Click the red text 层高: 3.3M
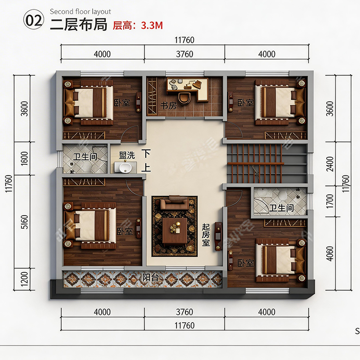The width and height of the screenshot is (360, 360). click(x=138, y=25)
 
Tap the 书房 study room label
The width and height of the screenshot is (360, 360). click(x=169, y=106)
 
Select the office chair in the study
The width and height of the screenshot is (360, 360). click(x=184, y=98)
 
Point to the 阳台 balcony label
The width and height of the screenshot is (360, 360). click(x=151, y=277)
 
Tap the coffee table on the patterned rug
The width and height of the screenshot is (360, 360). click(x=175, y=230)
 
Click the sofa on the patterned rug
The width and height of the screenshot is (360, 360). click(x=174, y=203)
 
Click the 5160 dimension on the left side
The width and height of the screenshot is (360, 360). click(x=25, y=222)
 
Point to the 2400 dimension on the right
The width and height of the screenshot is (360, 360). click(x=330, y=164)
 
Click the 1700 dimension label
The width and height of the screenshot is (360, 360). click(x=330, y=201)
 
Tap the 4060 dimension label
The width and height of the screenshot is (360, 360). click(x=330, y=254)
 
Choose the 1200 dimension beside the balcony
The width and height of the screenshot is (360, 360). click(x=25, y=279)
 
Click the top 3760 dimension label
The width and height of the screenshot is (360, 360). click(x=184, y=54)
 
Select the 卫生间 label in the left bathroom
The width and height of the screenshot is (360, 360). click(x=85, y=157)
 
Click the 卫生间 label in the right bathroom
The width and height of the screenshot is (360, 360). click(x=282, y=208)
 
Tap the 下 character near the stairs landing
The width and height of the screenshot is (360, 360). click(x=146, y=153)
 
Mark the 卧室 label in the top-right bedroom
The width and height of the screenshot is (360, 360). click(x=245, y=103)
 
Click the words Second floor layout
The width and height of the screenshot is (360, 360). click(x=81, y=12)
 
